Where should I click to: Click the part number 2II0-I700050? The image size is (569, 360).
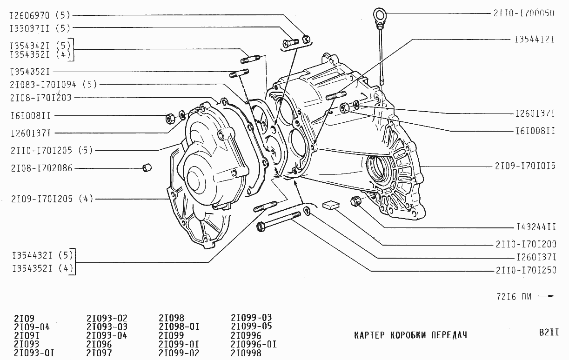pos(523,13)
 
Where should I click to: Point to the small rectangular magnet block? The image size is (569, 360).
pos(331,205)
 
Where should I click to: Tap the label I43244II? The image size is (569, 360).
pos(536,228)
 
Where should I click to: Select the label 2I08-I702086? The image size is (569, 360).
pos(42,168)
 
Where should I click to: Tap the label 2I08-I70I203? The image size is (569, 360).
pos(40,98)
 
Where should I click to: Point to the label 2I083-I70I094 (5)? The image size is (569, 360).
pos(53,85)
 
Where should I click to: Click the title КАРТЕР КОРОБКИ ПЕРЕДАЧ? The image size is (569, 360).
pos(410,335)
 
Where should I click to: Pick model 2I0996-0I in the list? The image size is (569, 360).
pos(254,345)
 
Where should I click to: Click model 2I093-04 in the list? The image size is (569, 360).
pos(107,336)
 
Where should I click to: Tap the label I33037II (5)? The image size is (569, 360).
pos(40,28)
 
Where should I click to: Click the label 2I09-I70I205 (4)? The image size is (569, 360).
pos(53,199)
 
